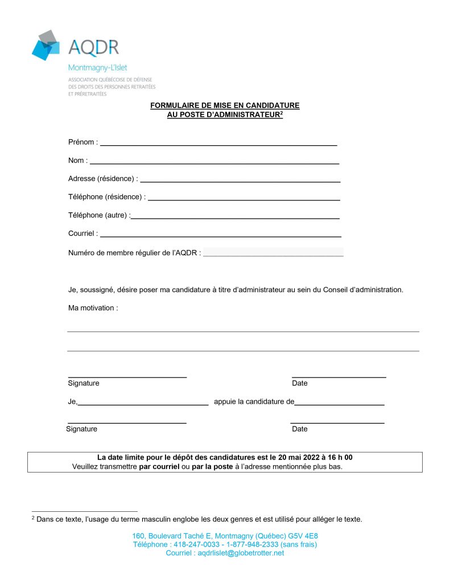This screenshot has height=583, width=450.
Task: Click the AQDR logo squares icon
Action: pos(46,45)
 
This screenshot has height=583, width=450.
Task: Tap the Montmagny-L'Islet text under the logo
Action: pos(97,67)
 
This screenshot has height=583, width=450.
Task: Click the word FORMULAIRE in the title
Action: pos(172,105)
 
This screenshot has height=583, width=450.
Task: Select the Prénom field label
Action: pos(82,142)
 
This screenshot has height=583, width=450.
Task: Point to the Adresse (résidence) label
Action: pos(102,179)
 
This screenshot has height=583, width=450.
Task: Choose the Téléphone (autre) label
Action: pos(99,215)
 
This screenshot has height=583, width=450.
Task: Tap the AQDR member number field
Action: pos(273,252)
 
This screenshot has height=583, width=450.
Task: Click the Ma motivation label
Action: pos(93,308)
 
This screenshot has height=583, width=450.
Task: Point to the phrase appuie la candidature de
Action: pos(254,401)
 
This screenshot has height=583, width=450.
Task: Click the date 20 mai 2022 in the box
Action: pos(299,457)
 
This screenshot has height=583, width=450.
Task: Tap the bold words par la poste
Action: pos(212,467)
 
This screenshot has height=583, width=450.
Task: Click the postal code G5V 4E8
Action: pos(303,536)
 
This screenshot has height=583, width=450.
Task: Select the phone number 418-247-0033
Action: pos(199,545)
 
